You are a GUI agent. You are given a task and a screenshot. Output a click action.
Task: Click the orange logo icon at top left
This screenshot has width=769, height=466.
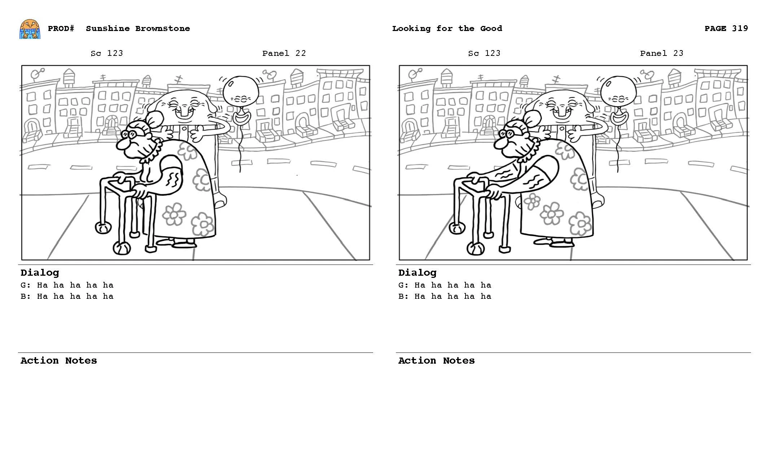click(x=30, y=29)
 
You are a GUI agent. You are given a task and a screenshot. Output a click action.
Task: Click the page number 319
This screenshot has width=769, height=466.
click(x=740, y=28)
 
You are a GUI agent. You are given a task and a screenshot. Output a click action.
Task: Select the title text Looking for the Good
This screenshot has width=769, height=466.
click(x=447, y=28)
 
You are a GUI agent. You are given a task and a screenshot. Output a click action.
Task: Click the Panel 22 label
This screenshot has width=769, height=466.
click(x=284, y=53)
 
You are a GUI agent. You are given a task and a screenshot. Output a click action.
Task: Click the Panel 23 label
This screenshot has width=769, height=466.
click(x=661, y=53)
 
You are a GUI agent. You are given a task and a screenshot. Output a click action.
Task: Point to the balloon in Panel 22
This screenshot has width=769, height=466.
click(x=240, y=90)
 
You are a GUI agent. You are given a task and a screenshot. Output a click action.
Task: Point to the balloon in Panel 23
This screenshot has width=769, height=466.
click(x=618, y=90)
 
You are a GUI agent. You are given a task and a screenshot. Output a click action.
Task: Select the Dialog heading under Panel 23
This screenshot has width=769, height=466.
click(x=417, y=272)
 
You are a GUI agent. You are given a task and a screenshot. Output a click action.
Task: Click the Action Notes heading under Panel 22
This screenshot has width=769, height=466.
click(x=58, y=360)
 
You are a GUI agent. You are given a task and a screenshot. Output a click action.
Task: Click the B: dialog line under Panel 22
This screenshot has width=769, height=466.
click(x=67, y=296)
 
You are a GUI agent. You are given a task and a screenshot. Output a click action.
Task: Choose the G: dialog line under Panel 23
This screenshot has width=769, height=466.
click(x=445, y=285)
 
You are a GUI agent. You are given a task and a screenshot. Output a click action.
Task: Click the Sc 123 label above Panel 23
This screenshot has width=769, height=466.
click(x=484, y=53)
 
